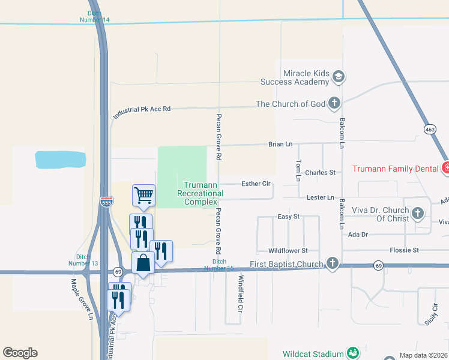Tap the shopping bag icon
143,263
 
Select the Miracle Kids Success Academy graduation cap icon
339,77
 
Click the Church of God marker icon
334,104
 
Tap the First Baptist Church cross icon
332,263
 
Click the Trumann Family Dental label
394,169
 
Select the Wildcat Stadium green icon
354,353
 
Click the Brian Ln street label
280,145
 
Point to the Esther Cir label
255,184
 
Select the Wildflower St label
288,250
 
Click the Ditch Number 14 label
95,16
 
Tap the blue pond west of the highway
60,159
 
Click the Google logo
20,353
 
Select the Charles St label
320,173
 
